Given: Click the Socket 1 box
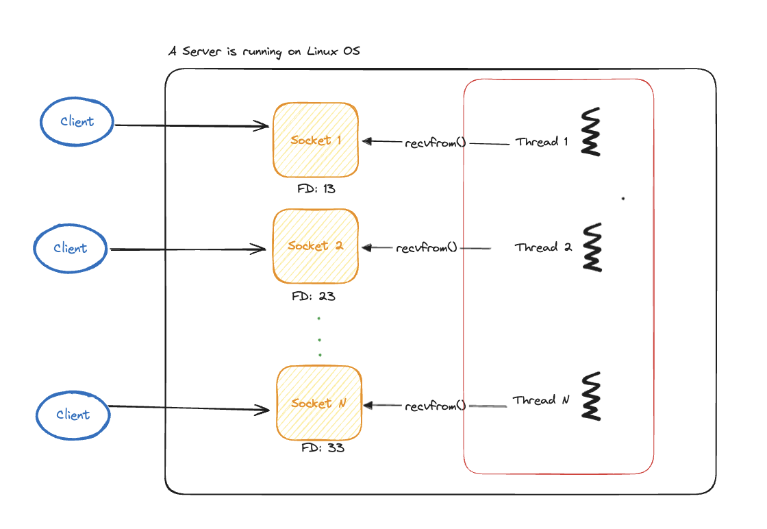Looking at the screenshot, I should (x=316, y=140).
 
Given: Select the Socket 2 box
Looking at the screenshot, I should (x=316, y=246).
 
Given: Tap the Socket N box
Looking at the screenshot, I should (x=318, y=403).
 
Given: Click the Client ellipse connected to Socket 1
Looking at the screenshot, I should (x=76, y=121).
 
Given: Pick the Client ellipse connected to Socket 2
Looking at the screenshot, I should (x=71, y=248).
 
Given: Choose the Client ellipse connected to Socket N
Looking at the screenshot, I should (x=73, y=415).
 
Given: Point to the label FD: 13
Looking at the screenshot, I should (x=316, y=188).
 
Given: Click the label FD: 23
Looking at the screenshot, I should (x=313, y=297).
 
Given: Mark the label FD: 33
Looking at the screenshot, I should (x=323, y=449).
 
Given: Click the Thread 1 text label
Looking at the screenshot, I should (x=542, y=142).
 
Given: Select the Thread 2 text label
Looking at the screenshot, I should (x=543, y=247).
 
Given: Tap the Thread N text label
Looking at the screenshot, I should (x=541, y=400).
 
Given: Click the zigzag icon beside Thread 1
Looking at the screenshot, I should (x=591, y=132).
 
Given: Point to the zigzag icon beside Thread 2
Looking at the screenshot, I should (x=592, y=247).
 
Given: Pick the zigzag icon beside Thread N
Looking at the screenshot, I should (x=591, y=396).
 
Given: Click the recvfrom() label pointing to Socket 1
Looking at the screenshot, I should (x=436, y=143).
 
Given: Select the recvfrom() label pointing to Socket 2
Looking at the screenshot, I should (x=426, y=247).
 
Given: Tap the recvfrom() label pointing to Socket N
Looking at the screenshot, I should (x=435, y=406).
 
